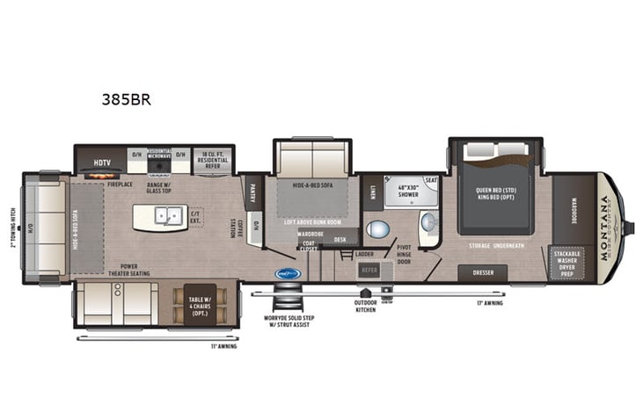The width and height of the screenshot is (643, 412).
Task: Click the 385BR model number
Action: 127,98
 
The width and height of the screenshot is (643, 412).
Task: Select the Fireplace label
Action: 119,185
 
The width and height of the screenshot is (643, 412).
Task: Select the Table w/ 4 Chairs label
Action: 199,305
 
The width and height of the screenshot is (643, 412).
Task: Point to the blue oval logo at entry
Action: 289,273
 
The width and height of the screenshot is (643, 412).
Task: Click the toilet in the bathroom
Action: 377,230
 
